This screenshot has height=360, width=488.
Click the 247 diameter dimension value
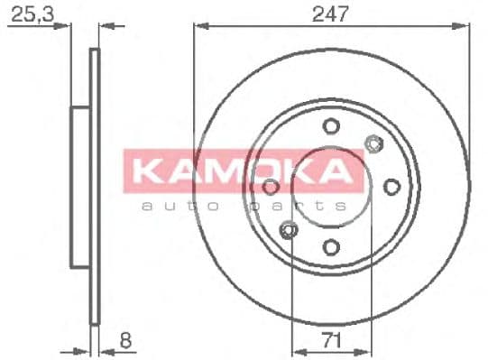331,14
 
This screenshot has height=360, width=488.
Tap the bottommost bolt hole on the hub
331,246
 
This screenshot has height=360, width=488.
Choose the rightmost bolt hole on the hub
391,186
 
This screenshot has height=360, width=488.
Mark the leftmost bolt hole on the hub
271,186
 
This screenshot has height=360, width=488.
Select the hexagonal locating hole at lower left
289,231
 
